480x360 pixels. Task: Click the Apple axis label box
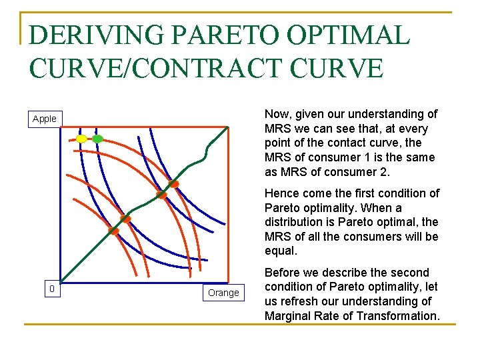(x=45, y=119)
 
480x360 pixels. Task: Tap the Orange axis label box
(x=223, y=293)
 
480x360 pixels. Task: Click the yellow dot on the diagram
(x=81, y=139)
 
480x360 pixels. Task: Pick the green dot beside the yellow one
(x=97, y=139)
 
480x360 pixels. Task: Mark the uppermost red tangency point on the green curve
(x=173, y=183)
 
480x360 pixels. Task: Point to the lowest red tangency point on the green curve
(x=113, y=231)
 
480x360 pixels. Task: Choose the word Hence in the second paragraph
(x=282, y=193)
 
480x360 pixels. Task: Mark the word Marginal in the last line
(x=289, y=315)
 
